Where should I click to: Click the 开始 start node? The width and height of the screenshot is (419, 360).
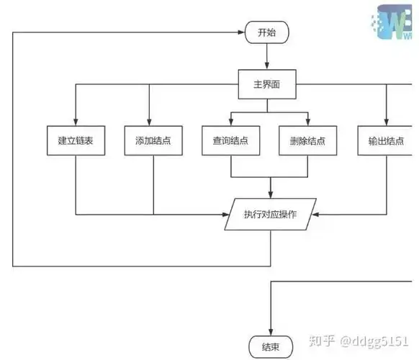[x=266, y=32]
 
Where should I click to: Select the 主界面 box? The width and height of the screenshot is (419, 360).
[x=266, y=85]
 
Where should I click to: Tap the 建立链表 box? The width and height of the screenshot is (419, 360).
[x=76, y=141]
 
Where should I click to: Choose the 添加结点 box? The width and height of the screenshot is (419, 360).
[x=153, y=141]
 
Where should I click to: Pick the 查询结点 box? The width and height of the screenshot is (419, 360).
[x=230, y=141]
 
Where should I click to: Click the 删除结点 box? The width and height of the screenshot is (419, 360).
[x=308, y=141]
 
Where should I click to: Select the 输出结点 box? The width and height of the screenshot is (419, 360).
[x=385, y=141]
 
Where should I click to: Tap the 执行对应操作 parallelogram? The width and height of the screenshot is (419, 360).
[x=271, y=214]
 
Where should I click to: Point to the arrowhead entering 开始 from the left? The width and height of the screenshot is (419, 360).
[x=243, y=32]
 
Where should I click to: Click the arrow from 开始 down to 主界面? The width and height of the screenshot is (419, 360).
[x=266, y=56]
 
